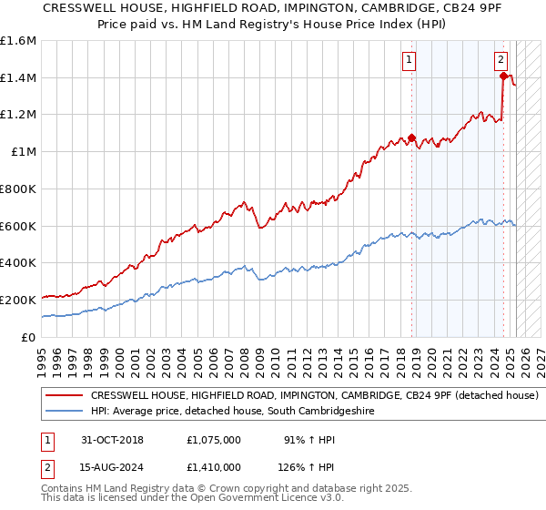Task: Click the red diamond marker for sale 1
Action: point(411,138)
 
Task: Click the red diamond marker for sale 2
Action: point(503,76)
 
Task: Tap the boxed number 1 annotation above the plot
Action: point(409,61)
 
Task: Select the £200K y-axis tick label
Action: point(18,300)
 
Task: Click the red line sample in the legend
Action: point(65,396)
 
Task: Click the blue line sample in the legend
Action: point(65,412)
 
